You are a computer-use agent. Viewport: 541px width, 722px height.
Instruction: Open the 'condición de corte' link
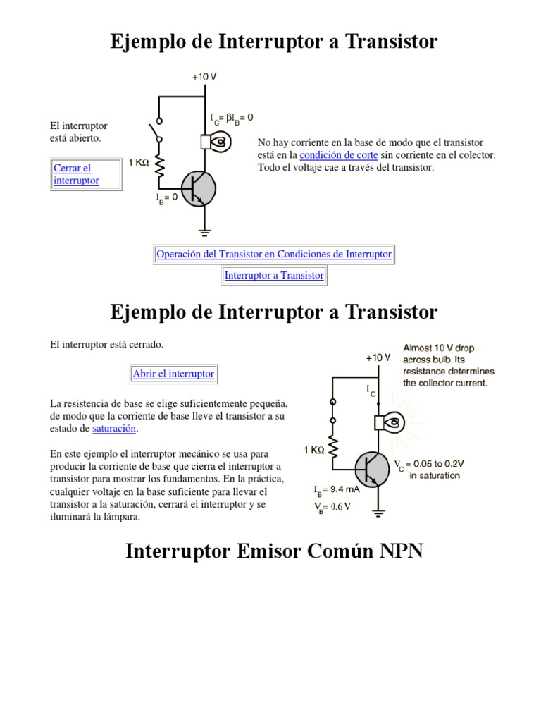coord(339,155)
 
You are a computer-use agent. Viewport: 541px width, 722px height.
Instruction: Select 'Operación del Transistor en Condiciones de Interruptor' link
coord(274,254)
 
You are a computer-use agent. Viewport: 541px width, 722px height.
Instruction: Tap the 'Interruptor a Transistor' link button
coord(274,276)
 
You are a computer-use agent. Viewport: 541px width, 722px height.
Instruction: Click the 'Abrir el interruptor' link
coord(173,374)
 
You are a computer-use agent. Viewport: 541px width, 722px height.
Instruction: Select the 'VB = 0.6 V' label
coord(332,506)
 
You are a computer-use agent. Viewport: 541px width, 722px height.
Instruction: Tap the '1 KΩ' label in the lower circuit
coord(314,451)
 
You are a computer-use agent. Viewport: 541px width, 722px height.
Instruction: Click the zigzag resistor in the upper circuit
coord(160,166)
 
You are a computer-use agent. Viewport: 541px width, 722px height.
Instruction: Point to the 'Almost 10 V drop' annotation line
coord(440,348)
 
